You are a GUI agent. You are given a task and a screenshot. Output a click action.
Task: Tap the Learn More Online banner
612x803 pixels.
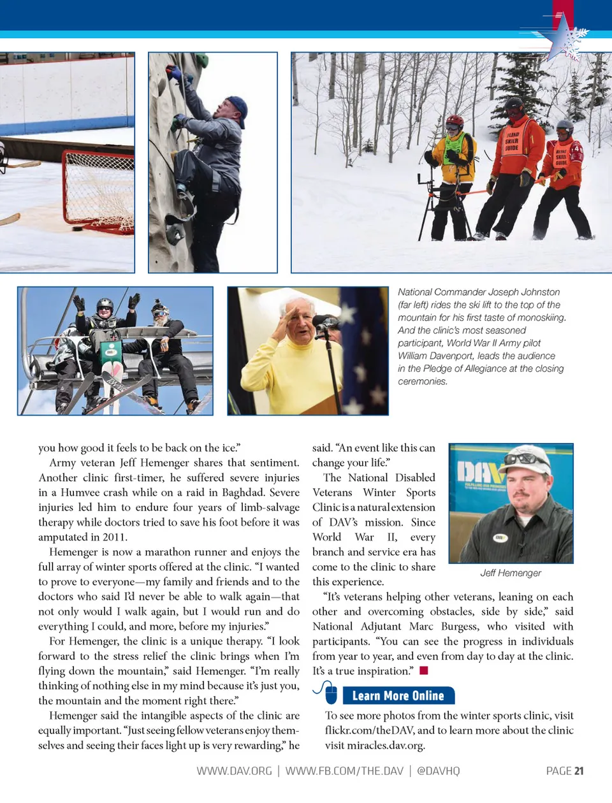click(398, 695)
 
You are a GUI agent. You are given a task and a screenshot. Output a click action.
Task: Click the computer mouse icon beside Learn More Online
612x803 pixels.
click(329, 693)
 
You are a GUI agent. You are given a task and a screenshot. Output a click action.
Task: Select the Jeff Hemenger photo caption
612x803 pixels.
click(511, 573)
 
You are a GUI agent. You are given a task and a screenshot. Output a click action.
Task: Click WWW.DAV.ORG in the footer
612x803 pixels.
click(234, 770)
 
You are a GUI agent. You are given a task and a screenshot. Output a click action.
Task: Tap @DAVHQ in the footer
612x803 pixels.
click(438, 770)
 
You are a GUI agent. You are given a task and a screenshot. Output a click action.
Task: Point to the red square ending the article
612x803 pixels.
click(424, 670)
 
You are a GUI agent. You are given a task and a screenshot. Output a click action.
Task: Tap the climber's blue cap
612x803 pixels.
click(237, 108)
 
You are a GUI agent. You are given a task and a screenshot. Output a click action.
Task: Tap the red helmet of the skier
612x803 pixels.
click(455, 121)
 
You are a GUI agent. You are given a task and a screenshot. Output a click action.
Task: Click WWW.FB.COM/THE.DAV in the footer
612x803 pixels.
click(344, 770)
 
